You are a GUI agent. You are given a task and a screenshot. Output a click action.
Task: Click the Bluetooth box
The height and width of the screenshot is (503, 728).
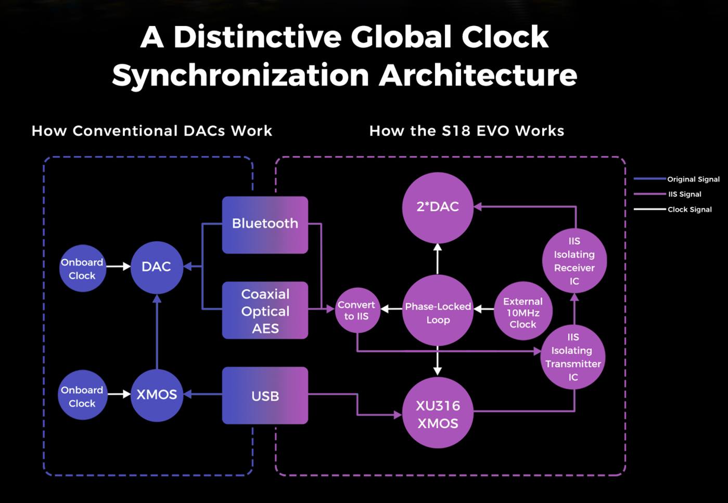click(265, 224)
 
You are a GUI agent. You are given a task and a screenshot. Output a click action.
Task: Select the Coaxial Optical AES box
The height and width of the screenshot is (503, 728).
click(265, 311)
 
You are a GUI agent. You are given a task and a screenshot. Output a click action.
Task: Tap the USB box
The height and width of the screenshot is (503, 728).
click(265, 396)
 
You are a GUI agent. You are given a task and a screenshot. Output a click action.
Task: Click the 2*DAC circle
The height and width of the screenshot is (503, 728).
click(438, 207)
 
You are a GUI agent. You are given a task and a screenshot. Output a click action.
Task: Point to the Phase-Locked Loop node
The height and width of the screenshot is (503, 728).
click(438, 312)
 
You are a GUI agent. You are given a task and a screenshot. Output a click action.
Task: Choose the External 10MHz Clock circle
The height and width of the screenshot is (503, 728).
click(522, 312)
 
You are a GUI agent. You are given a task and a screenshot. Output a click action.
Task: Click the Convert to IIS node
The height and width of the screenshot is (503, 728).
click(356, 310)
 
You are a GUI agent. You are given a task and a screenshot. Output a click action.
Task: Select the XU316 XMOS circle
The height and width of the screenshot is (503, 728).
click(438, 414)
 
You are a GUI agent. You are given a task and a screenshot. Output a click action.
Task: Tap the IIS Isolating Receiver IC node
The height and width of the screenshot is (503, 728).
click(574, 261)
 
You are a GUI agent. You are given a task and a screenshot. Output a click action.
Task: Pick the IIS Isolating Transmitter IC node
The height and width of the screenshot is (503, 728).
click(573, 357)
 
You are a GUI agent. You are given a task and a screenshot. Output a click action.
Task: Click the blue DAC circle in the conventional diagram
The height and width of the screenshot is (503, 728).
click(156, 267)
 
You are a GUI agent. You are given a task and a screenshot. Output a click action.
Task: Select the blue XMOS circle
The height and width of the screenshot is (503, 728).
click(157, 395)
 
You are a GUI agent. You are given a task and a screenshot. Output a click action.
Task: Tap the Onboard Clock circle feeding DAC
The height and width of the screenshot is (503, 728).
click(82, 269)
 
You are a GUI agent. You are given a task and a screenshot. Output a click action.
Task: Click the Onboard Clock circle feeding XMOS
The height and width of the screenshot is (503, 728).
click(82, 396)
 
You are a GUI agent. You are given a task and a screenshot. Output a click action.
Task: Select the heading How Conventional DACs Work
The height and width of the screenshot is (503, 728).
click(152, 130)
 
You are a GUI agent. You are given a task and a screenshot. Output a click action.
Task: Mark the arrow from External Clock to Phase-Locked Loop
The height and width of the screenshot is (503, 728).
click(484, 309)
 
